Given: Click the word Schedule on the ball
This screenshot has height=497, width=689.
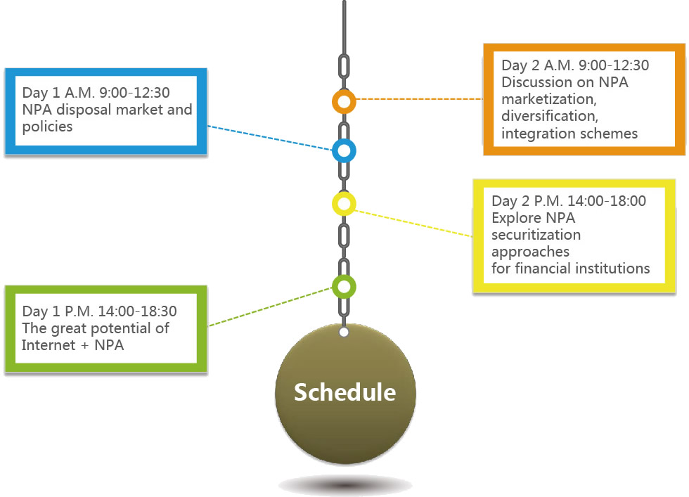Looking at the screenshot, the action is pos(345,392).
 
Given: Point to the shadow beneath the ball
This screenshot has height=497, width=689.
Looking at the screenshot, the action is pos(345,486).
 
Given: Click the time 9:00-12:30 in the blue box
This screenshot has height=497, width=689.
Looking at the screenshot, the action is pos(134,93).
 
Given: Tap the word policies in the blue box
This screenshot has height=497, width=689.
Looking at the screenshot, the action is pos(48,127).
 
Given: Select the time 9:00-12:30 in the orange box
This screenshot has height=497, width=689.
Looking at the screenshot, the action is pos(614,65).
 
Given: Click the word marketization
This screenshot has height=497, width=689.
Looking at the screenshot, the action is pos(549,99).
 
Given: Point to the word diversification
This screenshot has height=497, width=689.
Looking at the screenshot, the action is pos(550,116).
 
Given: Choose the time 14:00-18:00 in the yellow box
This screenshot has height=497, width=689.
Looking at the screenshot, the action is pos(607,201).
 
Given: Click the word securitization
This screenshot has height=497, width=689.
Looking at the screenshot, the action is pos(536,235).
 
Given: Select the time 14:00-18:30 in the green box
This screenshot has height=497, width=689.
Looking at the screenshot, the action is pos(137,311).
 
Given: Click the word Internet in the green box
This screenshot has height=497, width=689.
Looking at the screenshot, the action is pos(49,345).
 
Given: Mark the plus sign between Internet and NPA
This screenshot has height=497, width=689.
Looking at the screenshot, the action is pos(85,347).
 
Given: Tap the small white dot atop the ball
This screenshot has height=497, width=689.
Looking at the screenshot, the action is pos(344,333).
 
